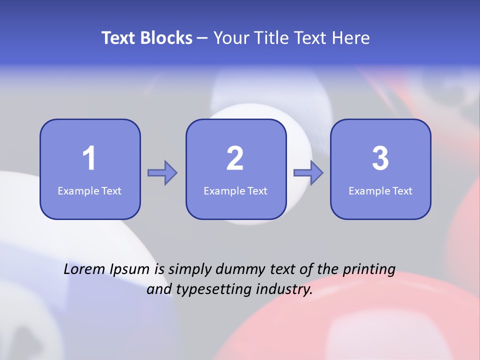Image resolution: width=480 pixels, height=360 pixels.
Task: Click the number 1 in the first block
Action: tap(89, 158)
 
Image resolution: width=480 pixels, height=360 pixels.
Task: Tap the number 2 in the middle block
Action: tap(235, 158)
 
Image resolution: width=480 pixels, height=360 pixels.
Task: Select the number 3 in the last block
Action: tap(380, 158)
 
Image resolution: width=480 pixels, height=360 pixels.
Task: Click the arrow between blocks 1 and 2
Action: tap(162, 173)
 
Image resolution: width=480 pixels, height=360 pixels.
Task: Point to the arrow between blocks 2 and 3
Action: tap(308, 173)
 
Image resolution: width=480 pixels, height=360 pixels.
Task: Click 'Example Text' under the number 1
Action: tap(89, 191)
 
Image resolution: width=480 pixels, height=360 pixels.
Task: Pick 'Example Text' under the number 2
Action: tap(235, 191)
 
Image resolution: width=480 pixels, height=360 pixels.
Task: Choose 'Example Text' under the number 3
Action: tap(380, 191)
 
